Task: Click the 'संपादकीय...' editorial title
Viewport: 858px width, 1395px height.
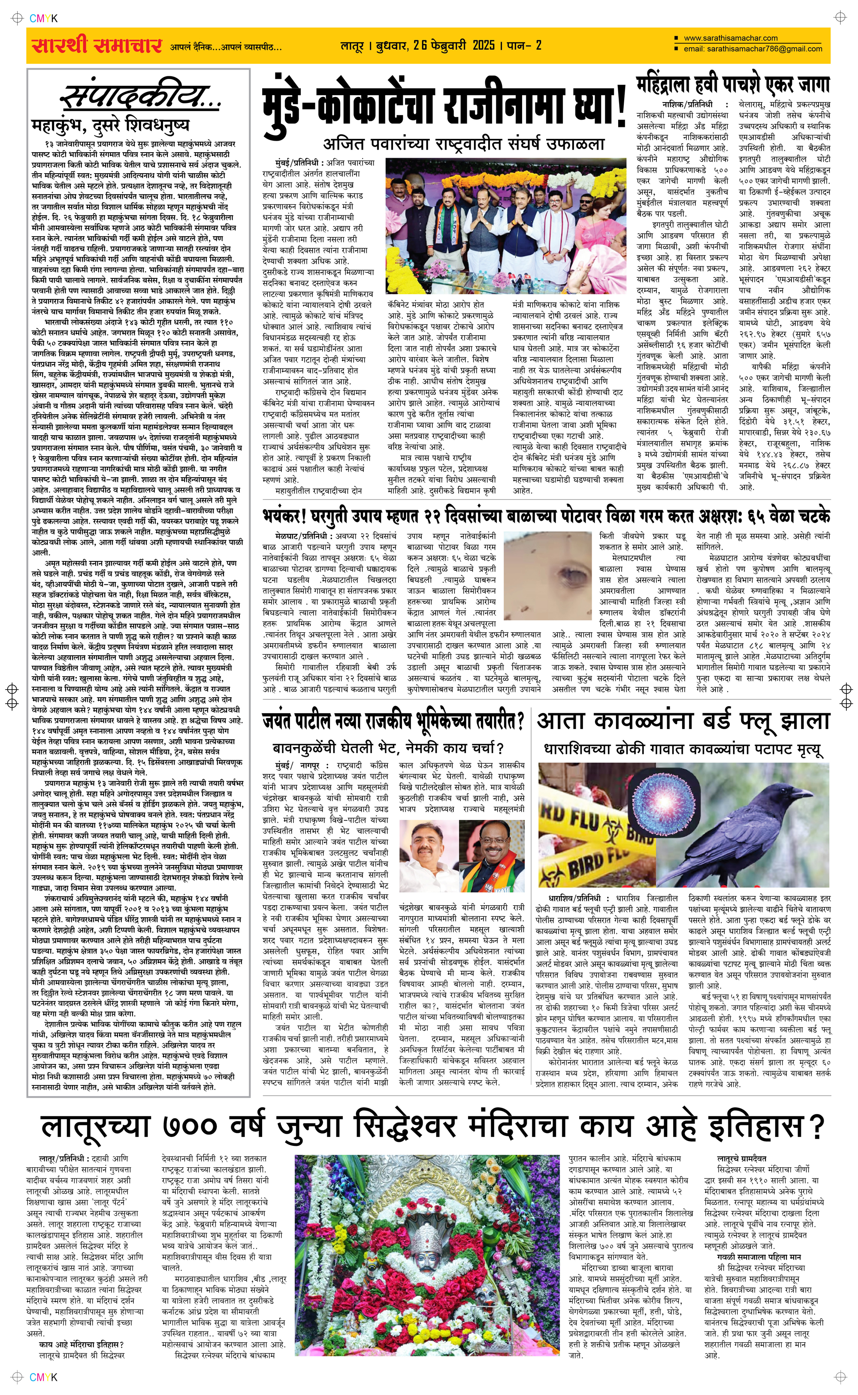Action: click(x=140, y=97)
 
